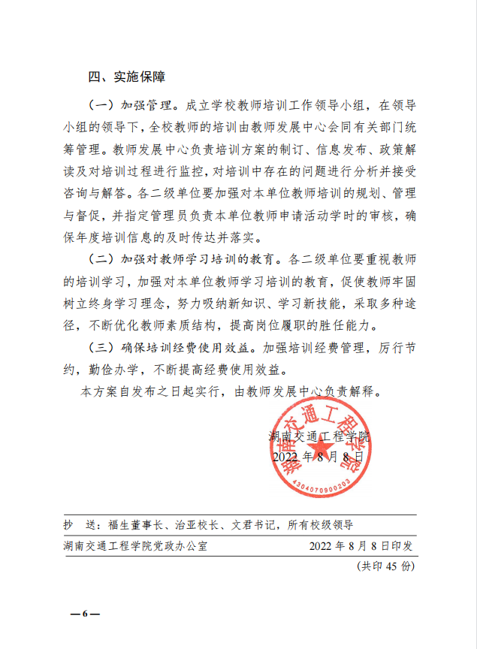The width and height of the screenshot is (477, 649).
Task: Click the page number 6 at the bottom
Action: tap(85, 614)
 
